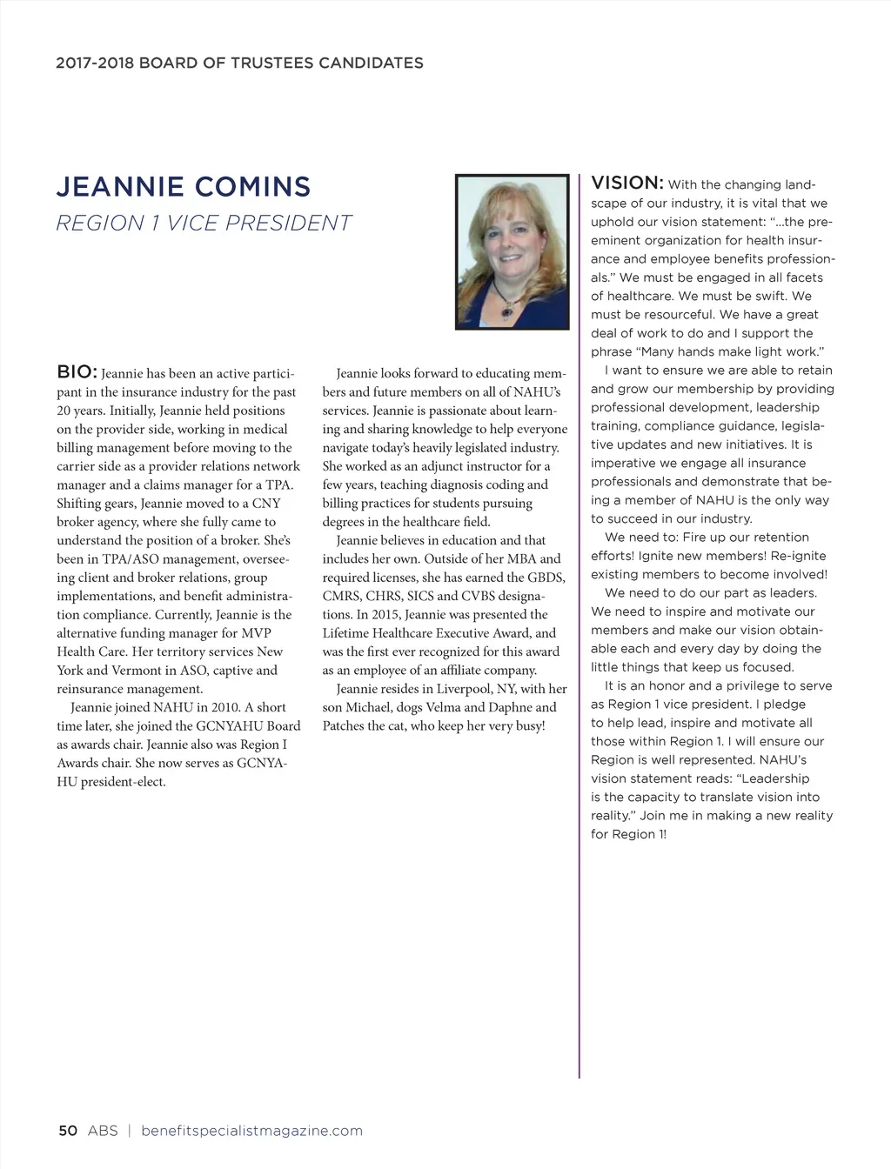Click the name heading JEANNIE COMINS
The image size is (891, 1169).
pyautogui.click(x=183, y=187)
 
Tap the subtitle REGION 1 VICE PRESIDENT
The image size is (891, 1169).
pyautogui.click(x=204, y=224)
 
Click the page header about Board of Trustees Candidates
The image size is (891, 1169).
pyautogui.click(x=239, y=63)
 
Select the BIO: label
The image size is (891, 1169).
pyautogui.click(x=77, y=372)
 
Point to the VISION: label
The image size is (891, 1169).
pyautogui.click(x=627, y=183)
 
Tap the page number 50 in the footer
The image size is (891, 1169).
pyautogui.click(x=68, y=1131)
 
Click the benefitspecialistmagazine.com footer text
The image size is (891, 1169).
pyautogui.click(x=251, y=1131)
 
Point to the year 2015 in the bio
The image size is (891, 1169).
pyautogui.click(x=372, y=614)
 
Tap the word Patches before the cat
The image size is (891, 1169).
pyautogui.click(x=345, y=726)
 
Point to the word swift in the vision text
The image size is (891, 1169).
pyautogui.click(x=769, y=297)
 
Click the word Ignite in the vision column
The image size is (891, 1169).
pyautogui.click(x=657, y=556)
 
